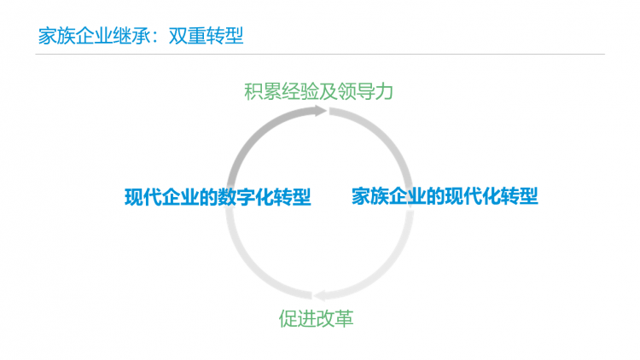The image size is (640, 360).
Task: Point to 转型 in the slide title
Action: pos(225,36)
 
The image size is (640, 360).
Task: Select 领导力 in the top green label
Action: pos(365,91)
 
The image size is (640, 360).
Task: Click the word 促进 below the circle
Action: pos(297,318)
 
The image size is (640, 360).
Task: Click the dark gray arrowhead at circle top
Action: pos(320,111)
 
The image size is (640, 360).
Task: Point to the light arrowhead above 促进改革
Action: pos(319,295)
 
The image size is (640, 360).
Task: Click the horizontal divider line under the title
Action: pos(320,54)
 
